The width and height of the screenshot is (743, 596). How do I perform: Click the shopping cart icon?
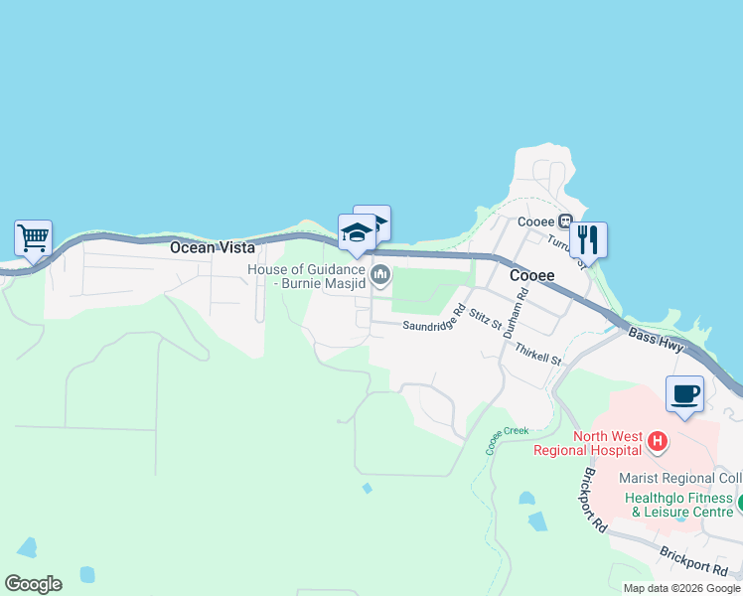click(x=33, y=238)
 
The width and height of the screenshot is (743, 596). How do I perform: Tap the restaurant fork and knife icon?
click(x=588, y=239)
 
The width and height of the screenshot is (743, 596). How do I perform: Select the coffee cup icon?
click(x=684, y=393)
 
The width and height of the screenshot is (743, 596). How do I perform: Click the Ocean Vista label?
click(x=212, y=247)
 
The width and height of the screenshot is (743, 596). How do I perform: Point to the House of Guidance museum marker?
click(x=379, y=273)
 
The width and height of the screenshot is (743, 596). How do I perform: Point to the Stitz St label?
click(x=487, y=321)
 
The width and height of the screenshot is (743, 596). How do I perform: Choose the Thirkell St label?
click(x=537, y=351)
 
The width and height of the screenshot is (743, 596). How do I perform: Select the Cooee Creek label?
click(x=507, y=438)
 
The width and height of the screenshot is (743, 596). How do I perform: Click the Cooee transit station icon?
click(x=564, y=222)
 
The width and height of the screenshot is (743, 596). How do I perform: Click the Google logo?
click(x=33, y=584)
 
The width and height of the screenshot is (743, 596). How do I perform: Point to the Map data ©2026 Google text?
click(x=681, y=588)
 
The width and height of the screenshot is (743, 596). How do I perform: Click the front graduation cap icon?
click(x=356, y=232)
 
